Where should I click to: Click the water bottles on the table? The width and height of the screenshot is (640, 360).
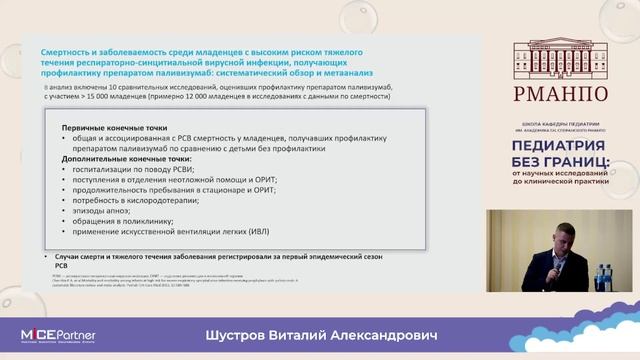coord(602,271)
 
